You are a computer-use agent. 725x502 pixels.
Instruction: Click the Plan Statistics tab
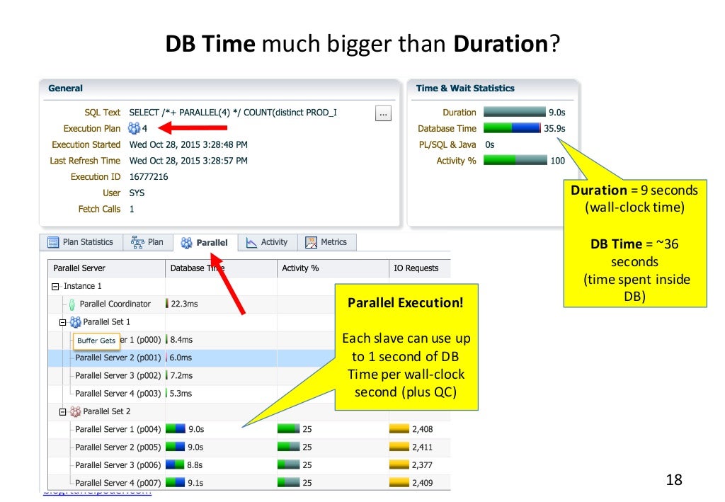coord(81,242)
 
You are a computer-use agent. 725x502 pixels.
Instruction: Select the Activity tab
coord(267,242)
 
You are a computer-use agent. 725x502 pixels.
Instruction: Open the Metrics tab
coord(326,242)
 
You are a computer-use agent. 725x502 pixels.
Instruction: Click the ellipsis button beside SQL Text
coord(383,113)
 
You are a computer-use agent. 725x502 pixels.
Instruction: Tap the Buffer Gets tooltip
coord(96,341)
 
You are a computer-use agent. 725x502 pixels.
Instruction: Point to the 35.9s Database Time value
coord(555,128)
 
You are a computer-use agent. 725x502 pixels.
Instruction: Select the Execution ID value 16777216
coord(149,177)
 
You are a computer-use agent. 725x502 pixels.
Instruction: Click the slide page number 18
coord(675,480)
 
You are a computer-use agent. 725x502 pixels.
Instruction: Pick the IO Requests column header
coord(416,268)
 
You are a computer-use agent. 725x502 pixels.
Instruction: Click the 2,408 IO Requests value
coord(422,429)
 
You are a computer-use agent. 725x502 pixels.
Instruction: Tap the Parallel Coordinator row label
coord(115,304)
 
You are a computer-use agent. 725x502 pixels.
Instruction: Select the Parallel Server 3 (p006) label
coord(118,465)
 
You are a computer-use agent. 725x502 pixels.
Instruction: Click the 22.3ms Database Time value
coord(185,304)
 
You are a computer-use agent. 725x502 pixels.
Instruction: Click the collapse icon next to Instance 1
coord(56,286)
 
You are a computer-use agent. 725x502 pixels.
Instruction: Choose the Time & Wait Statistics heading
coord(465,89)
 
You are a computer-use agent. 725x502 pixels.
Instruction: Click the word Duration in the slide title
coord(500,45)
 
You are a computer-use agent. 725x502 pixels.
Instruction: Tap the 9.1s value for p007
coord(195,483)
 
